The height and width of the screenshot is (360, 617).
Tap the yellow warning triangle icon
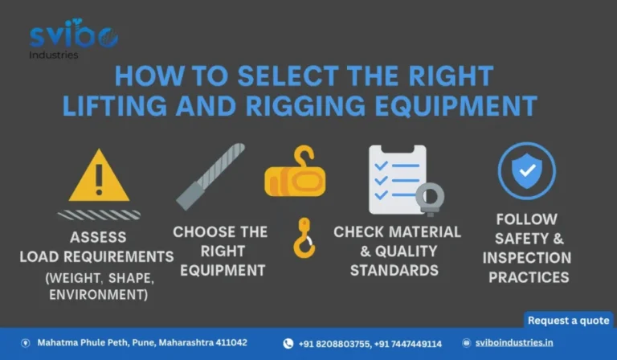tap(99, 176)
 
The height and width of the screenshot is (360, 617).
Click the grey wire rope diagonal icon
tap(210, 177)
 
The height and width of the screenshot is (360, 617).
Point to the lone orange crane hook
tap(304, 238)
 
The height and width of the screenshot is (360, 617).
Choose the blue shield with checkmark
tap(527, 170)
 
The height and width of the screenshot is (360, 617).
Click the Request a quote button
tap(569, 321)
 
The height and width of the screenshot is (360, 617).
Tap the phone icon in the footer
tap(288, 343)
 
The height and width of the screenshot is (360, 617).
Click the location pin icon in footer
tap(26, 343)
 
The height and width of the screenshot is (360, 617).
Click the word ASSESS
tap(98, 237)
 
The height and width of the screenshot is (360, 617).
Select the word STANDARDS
tap(394, 271)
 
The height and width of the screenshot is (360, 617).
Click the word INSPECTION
tap(527, 258)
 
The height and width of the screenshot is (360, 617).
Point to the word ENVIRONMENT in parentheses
tap(98, 294)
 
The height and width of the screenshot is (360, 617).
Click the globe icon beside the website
tap(466, 343)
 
